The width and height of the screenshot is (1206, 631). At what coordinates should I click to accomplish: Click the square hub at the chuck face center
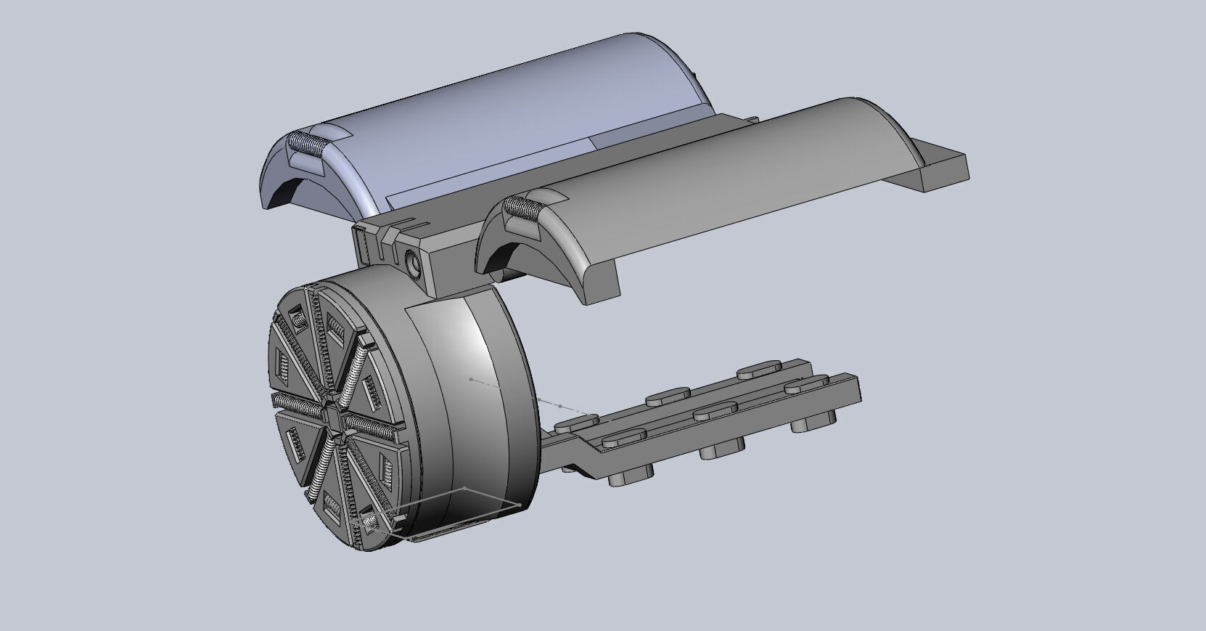[x=330, y=417]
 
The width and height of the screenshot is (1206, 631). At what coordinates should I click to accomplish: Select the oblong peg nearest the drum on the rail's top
[x=578, y=421]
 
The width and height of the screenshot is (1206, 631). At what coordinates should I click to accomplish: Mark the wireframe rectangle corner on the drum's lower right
[x=520, y=505]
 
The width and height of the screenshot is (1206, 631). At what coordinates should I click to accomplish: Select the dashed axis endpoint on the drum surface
[x=471, y=379]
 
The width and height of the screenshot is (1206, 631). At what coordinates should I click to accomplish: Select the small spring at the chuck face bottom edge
[x=368, y=522]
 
